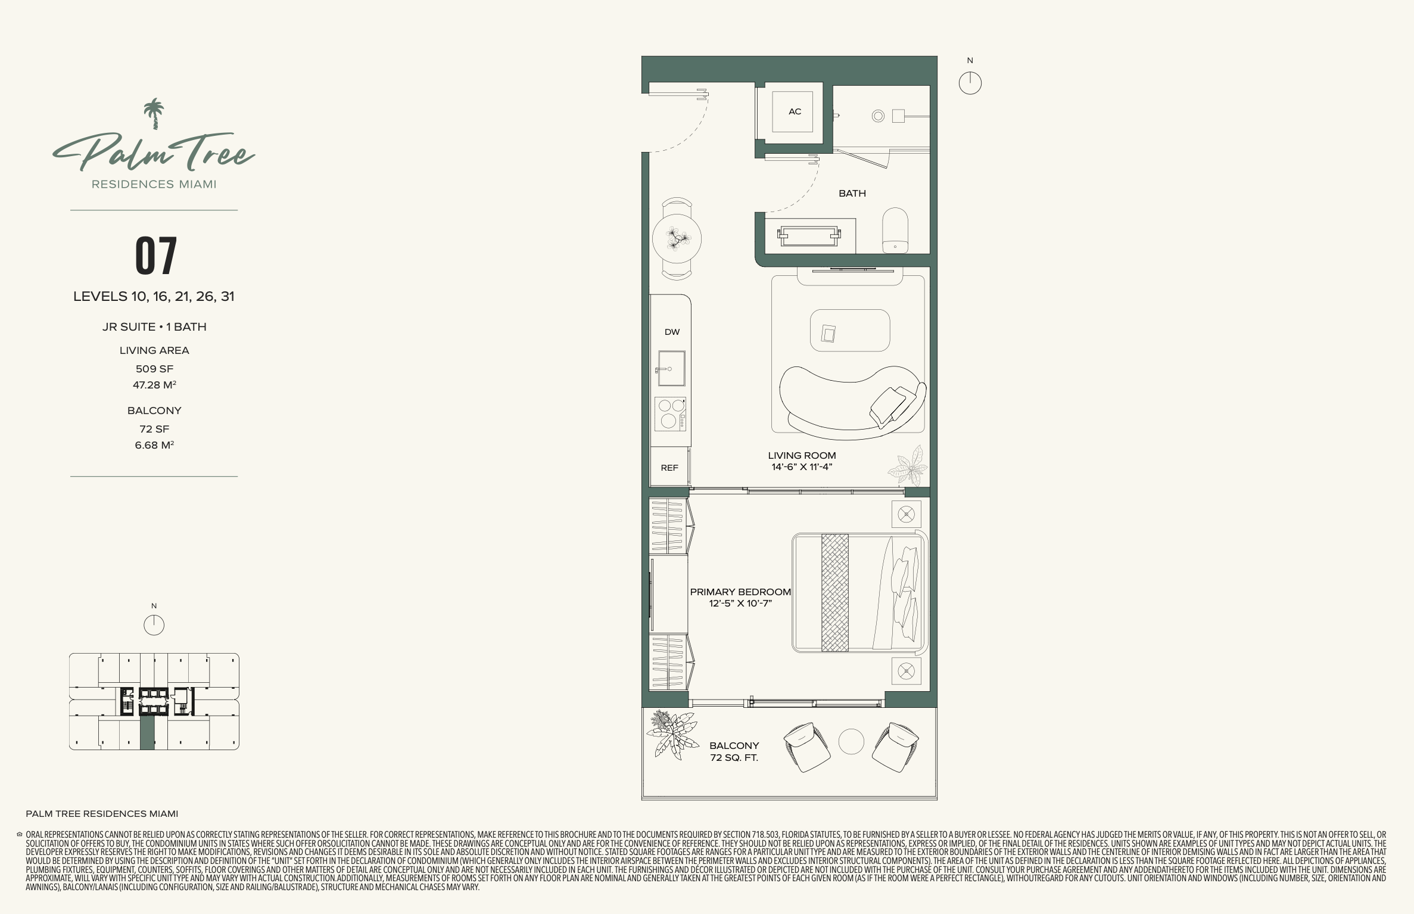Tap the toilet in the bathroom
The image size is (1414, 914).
click(895, 230)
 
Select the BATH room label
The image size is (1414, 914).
click(852, 193)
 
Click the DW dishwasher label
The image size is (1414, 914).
click(672, 332)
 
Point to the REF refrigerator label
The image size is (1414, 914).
click(669, 468)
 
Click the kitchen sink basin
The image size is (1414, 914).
click(671, 368)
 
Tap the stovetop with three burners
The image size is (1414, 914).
click(670, 414)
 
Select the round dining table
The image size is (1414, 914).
click(677, 239)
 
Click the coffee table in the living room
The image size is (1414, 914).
click(850, 330)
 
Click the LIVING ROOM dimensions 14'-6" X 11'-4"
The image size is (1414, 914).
click(802, 467)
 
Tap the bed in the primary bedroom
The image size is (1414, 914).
click(859, 592)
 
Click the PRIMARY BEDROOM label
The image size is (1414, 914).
click(740, 592)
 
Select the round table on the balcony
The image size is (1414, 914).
click(851, 742)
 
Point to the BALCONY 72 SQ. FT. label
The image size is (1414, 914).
click(734, 751)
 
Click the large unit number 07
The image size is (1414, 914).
click(156, 256)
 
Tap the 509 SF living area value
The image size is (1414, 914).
click(154, 369)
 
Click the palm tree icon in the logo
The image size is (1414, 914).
click(154, 113)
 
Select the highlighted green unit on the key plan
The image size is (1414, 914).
click(147, 732)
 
